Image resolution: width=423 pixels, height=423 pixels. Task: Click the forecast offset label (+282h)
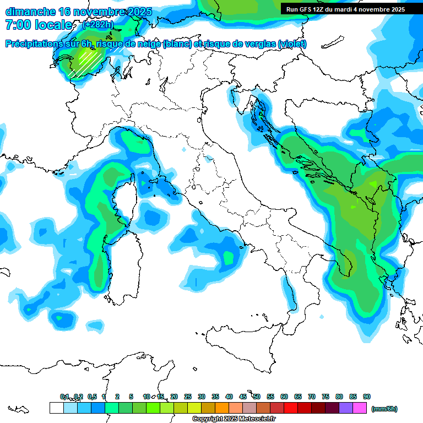(97, 24)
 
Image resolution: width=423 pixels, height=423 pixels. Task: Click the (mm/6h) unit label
(384, 409)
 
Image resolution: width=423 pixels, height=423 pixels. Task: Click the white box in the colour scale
(56, 408)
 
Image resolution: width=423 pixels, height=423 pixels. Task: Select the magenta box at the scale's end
(360, 408)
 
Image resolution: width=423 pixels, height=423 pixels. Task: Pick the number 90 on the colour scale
(367, 397)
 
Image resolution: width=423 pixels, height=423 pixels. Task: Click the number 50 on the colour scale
(257, 397)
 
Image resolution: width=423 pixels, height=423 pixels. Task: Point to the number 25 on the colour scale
(188, 397)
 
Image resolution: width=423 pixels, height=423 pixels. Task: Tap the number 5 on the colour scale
(131, 397)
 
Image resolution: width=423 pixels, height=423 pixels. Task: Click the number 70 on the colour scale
(312, 397)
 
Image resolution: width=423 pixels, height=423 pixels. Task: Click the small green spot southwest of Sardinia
(59, 318)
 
